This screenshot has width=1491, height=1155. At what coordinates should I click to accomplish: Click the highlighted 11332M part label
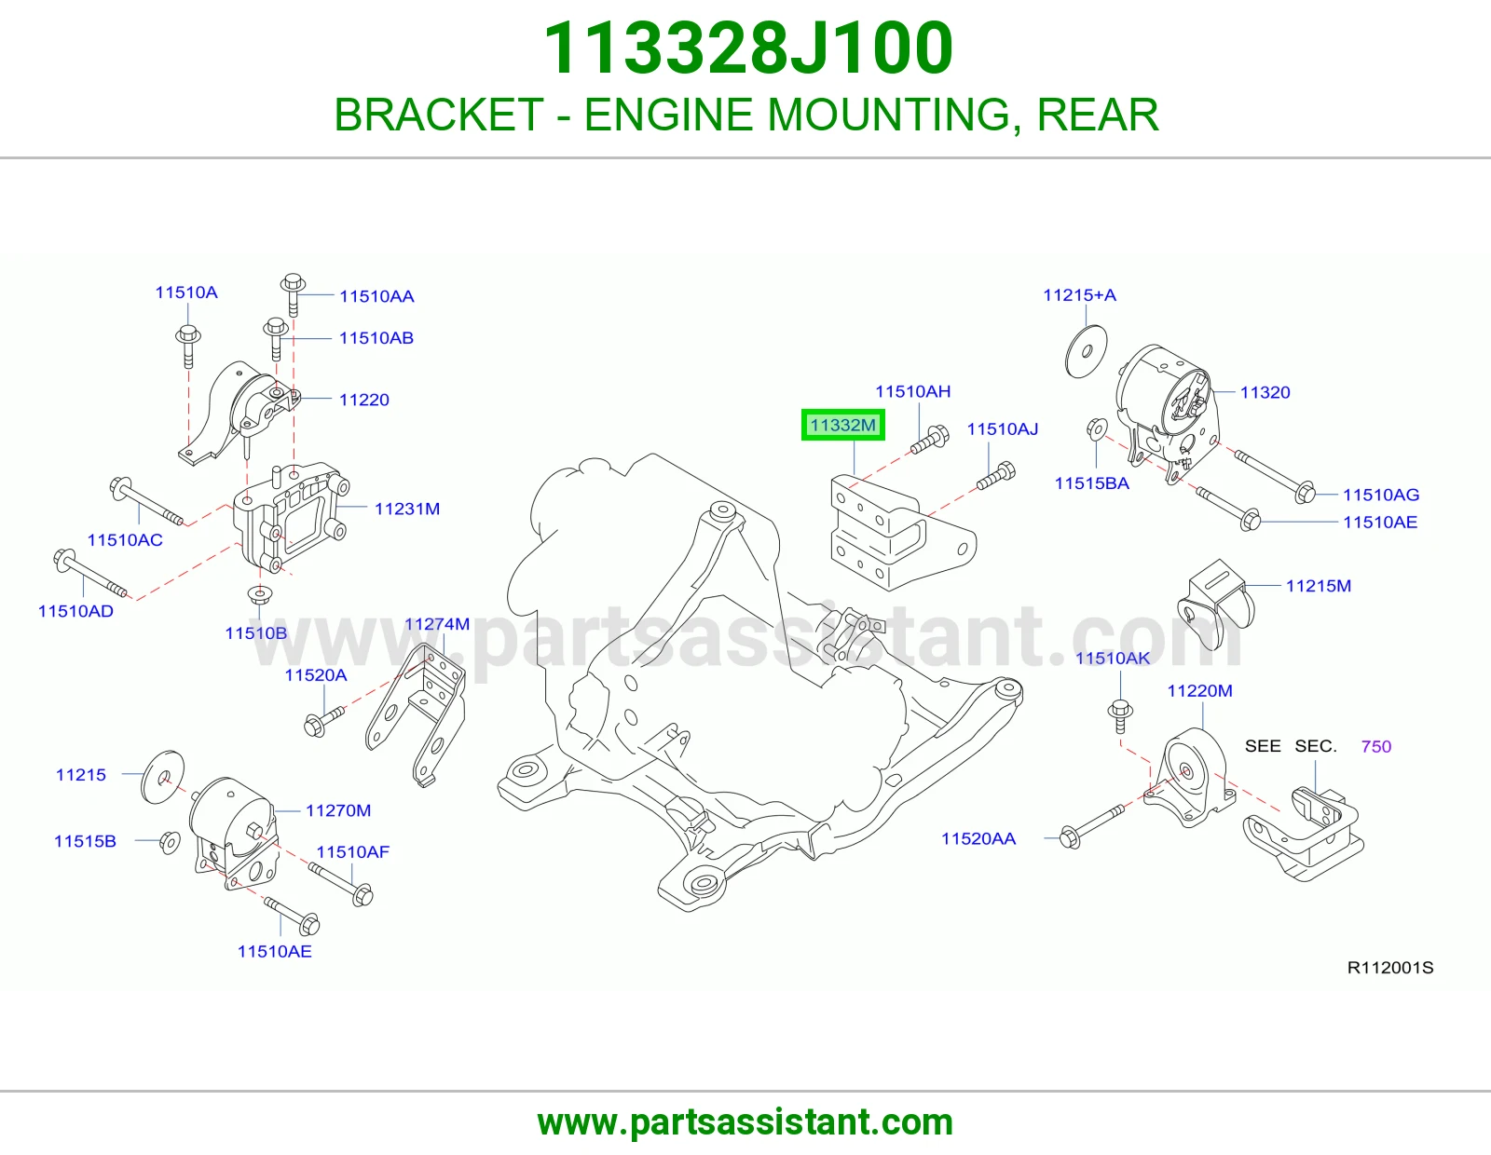pos(842,426)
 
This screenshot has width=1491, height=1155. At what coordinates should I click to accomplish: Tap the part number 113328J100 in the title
pos(748,48)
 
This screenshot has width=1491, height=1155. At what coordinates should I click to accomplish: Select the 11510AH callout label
pos(912,391)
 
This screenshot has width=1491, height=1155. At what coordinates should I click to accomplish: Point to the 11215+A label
pos(1079,295)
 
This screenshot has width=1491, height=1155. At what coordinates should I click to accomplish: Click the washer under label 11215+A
pos(1086,351)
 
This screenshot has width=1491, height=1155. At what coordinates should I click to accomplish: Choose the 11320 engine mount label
pos(1265,392)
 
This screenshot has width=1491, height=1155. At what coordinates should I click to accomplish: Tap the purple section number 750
pos(1375,746)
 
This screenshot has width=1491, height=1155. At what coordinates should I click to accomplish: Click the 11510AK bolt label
pos(1113,659)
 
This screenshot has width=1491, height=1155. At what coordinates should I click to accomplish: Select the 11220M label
pos(1200,690)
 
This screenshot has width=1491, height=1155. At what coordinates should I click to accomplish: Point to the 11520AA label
pos(978,838)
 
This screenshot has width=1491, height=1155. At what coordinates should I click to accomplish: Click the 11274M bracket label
pos(437,624)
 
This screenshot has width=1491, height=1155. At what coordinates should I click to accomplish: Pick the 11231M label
pos(407,509)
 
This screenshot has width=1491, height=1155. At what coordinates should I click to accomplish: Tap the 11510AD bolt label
pos(75,611)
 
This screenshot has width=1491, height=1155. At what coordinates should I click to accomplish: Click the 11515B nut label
pos(85,841)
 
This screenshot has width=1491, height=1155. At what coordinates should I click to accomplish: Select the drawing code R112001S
pos(1390,968)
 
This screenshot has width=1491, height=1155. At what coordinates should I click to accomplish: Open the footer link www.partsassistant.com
pos(745,1122)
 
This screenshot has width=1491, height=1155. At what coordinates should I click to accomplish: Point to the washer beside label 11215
pos(163,777)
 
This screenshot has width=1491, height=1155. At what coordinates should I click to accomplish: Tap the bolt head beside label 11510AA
pos(293,282)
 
